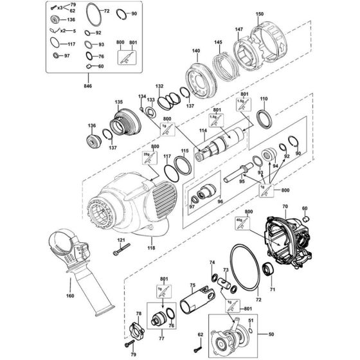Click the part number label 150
(x=260, y=14)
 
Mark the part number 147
(x=239, y=30)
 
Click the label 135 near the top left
(x=118, y=101)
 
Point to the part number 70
(x=284, y=206)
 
